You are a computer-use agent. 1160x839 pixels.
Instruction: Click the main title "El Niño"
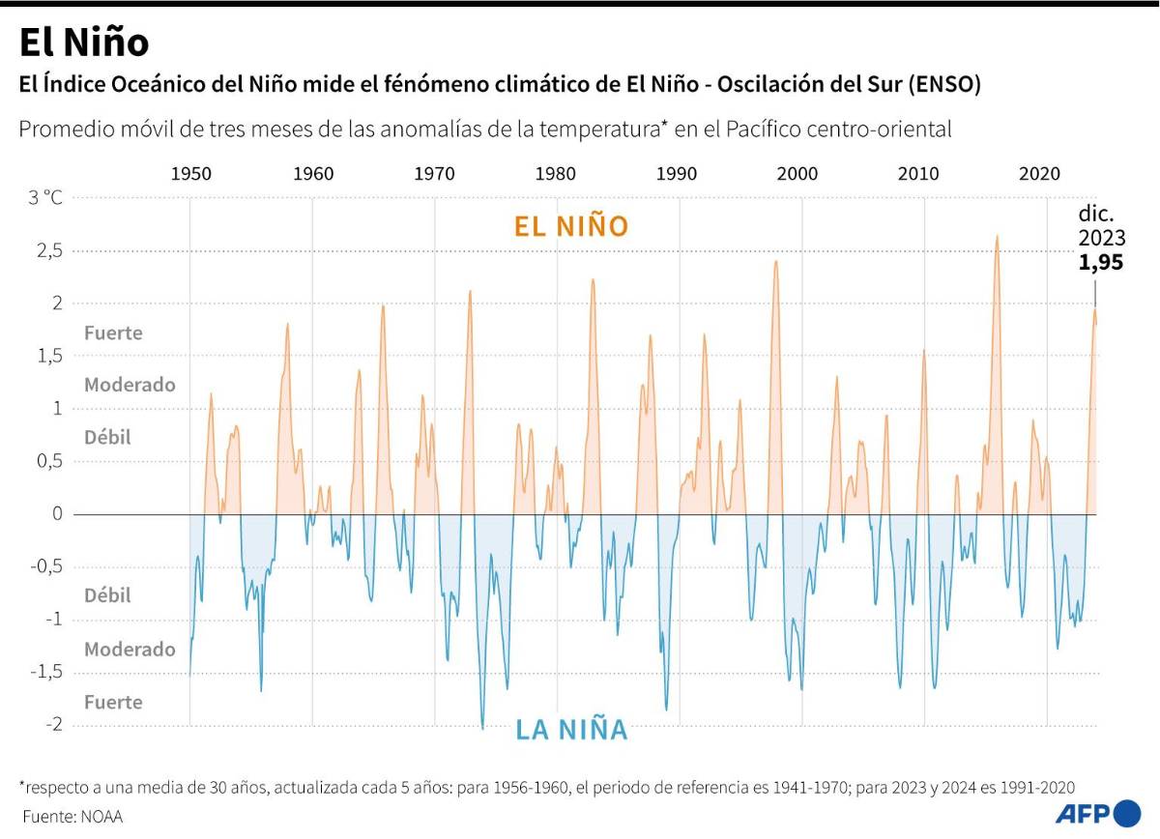(x=84, y=43)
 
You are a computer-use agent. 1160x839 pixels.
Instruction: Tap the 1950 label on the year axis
(x=191, y=174)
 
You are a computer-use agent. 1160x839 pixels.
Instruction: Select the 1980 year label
(x=556, y=174)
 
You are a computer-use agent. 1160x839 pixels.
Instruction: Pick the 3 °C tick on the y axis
(x=44, y=198)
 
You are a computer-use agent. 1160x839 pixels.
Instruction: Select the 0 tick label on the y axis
(x=57, y=514)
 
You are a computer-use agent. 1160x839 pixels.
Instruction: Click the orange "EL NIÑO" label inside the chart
(x=571, y=226)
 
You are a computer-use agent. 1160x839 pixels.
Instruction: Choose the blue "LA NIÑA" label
(x=571, y=730)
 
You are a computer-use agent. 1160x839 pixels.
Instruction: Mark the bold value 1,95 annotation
(x=1101, y=262)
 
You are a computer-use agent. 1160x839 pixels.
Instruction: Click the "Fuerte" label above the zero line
(x=113, y=333)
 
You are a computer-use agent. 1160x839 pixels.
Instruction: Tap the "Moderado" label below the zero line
(x=130, y=650)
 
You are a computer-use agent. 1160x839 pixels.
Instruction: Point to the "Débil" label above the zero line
(x=107, y=437)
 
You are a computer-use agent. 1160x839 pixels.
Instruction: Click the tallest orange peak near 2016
(x=997, y=236)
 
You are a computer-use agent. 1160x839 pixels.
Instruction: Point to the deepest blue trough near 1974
(x=482, y=727)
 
